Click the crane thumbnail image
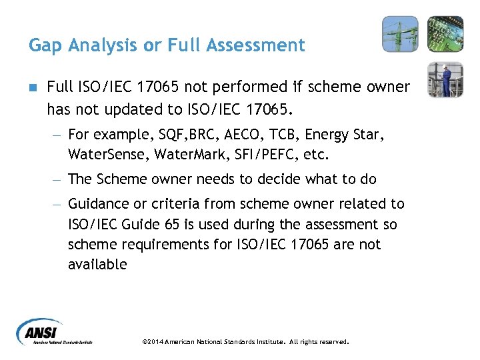tap(400, 34)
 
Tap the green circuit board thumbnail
tap(445, 34)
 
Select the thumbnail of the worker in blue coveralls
tap(445, 79)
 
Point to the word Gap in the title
tap(44, 46)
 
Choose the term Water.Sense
tap(107, 155)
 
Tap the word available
tap(97, 265)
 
